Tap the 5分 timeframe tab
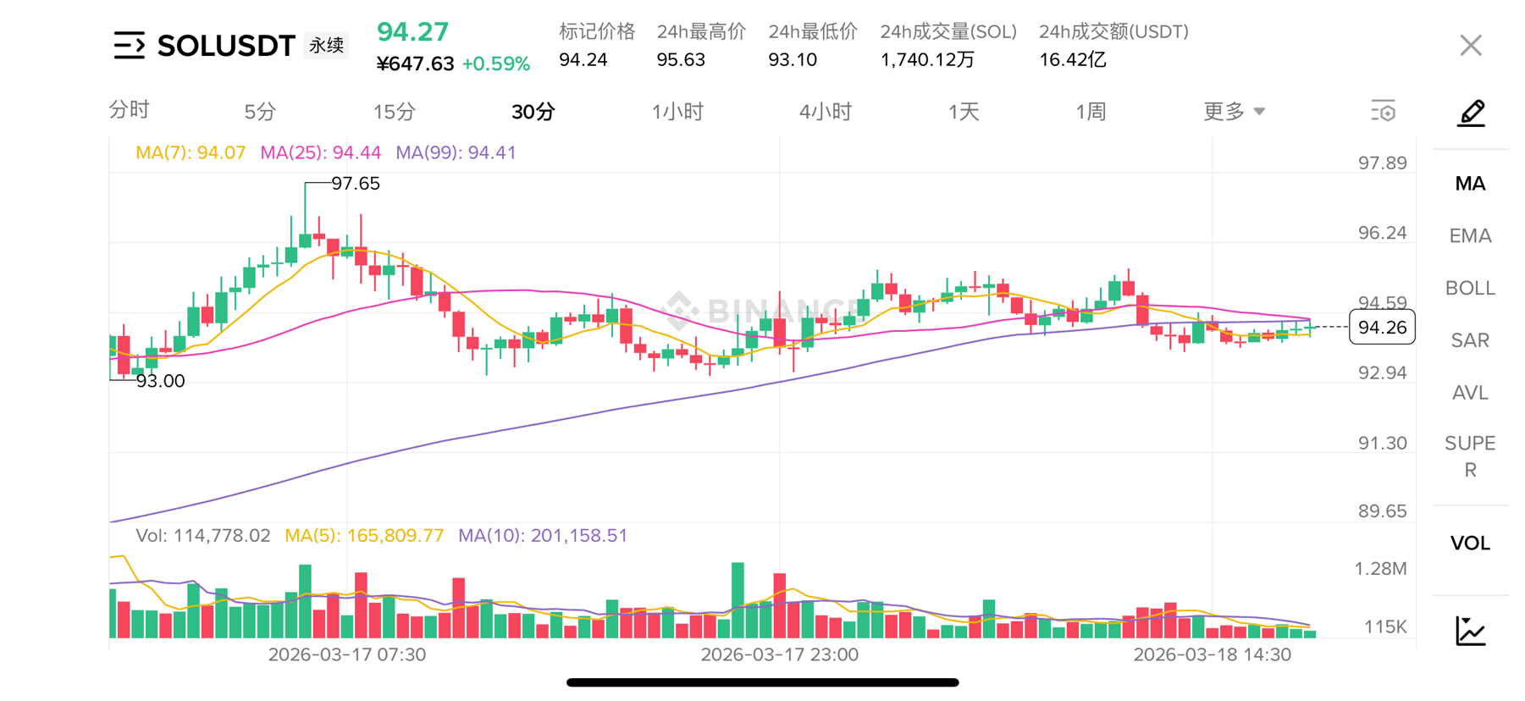pos(260,112)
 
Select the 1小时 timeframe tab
pos(677,112)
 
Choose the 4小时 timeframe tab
pos(825,112)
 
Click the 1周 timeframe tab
pos(1091,112)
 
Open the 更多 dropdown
pos(1234,112)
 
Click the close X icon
pos(1471,46)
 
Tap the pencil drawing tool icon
pos(1471,113)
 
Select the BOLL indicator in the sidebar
pos(1470,288)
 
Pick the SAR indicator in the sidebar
pos(1470,340)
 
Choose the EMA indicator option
pos(1470,236)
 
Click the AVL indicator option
pos(1470,393)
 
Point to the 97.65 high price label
pos(356,184)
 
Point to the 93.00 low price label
pos(160,381)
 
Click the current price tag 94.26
pos(1382,328)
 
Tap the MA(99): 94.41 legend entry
pos(456,153)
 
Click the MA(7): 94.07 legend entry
pos(191,153)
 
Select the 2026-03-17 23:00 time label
pos(779,654)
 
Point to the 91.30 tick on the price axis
pos(1382,443)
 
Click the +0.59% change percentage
pos(496,64)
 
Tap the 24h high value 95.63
pos(681,60)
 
